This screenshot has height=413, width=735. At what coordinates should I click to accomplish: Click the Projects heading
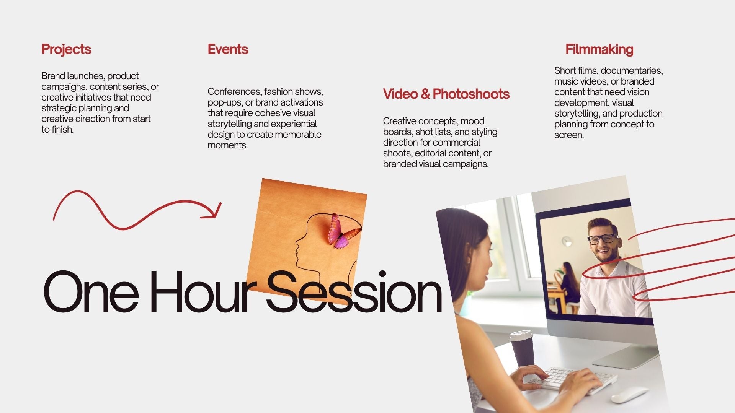66,50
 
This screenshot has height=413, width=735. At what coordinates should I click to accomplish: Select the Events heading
228,49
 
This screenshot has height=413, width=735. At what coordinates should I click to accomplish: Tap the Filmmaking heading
599,50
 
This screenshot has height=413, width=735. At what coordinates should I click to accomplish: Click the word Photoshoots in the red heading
471,94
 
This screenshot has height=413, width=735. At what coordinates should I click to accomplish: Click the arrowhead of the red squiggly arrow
212,211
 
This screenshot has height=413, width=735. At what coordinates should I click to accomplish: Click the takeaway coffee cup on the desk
522,348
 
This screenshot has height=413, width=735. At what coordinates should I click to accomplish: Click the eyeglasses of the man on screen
603,239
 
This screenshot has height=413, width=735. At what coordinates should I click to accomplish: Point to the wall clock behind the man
566,241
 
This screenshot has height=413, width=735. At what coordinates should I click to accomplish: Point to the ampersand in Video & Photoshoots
425,94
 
